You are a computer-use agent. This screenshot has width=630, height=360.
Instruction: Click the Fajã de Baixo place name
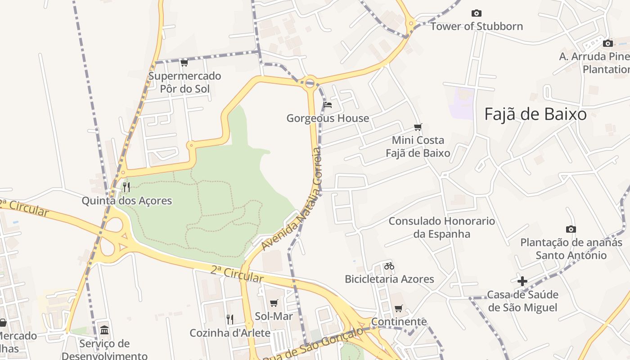click(535, 115)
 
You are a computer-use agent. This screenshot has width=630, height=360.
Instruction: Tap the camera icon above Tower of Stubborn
click(476, 13)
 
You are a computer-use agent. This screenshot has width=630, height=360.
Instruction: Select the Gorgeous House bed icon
click(328, 105)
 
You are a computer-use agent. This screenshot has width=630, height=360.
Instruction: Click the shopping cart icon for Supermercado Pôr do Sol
click(184, 63)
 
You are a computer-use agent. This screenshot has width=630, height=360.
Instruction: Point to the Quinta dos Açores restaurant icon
click(126, 187)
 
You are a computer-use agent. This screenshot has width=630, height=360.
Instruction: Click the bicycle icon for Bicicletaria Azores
click(389, 266)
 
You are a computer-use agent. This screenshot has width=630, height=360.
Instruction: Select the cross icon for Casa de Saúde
click(522, 282)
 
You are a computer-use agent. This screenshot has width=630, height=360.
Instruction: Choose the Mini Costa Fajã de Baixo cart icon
click(418, 127)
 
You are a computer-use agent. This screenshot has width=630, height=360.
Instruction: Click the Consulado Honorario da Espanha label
click(441, 227)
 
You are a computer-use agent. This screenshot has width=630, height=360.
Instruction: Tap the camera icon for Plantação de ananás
click(571, 229)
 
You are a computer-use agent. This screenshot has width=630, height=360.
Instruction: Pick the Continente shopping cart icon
click(398, 309)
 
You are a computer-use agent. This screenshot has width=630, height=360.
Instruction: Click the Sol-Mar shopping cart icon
click(274, 303)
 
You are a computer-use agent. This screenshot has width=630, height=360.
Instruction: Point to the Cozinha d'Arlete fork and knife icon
click(230, 319)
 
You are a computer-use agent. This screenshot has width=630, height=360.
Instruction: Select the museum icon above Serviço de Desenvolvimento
click(104, 330)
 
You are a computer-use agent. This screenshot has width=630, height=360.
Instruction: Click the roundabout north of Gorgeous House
click(310, 83)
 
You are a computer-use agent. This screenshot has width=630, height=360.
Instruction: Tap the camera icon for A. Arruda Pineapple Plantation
click(607, 44)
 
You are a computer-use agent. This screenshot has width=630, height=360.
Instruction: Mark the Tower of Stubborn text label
click(477, 26)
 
